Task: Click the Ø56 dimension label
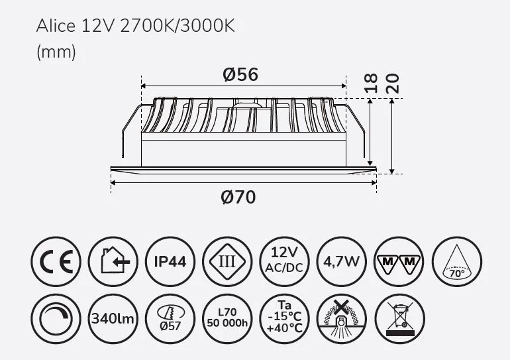240,74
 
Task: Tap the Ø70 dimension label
238,198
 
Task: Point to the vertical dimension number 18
371,84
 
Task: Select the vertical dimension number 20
392,84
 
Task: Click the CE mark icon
56,261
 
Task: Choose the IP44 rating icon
170,261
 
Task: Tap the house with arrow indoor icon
113,261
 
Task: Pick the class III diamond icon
227,261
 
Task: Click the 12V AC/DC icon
285,261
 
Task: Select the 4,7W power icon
342,261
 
